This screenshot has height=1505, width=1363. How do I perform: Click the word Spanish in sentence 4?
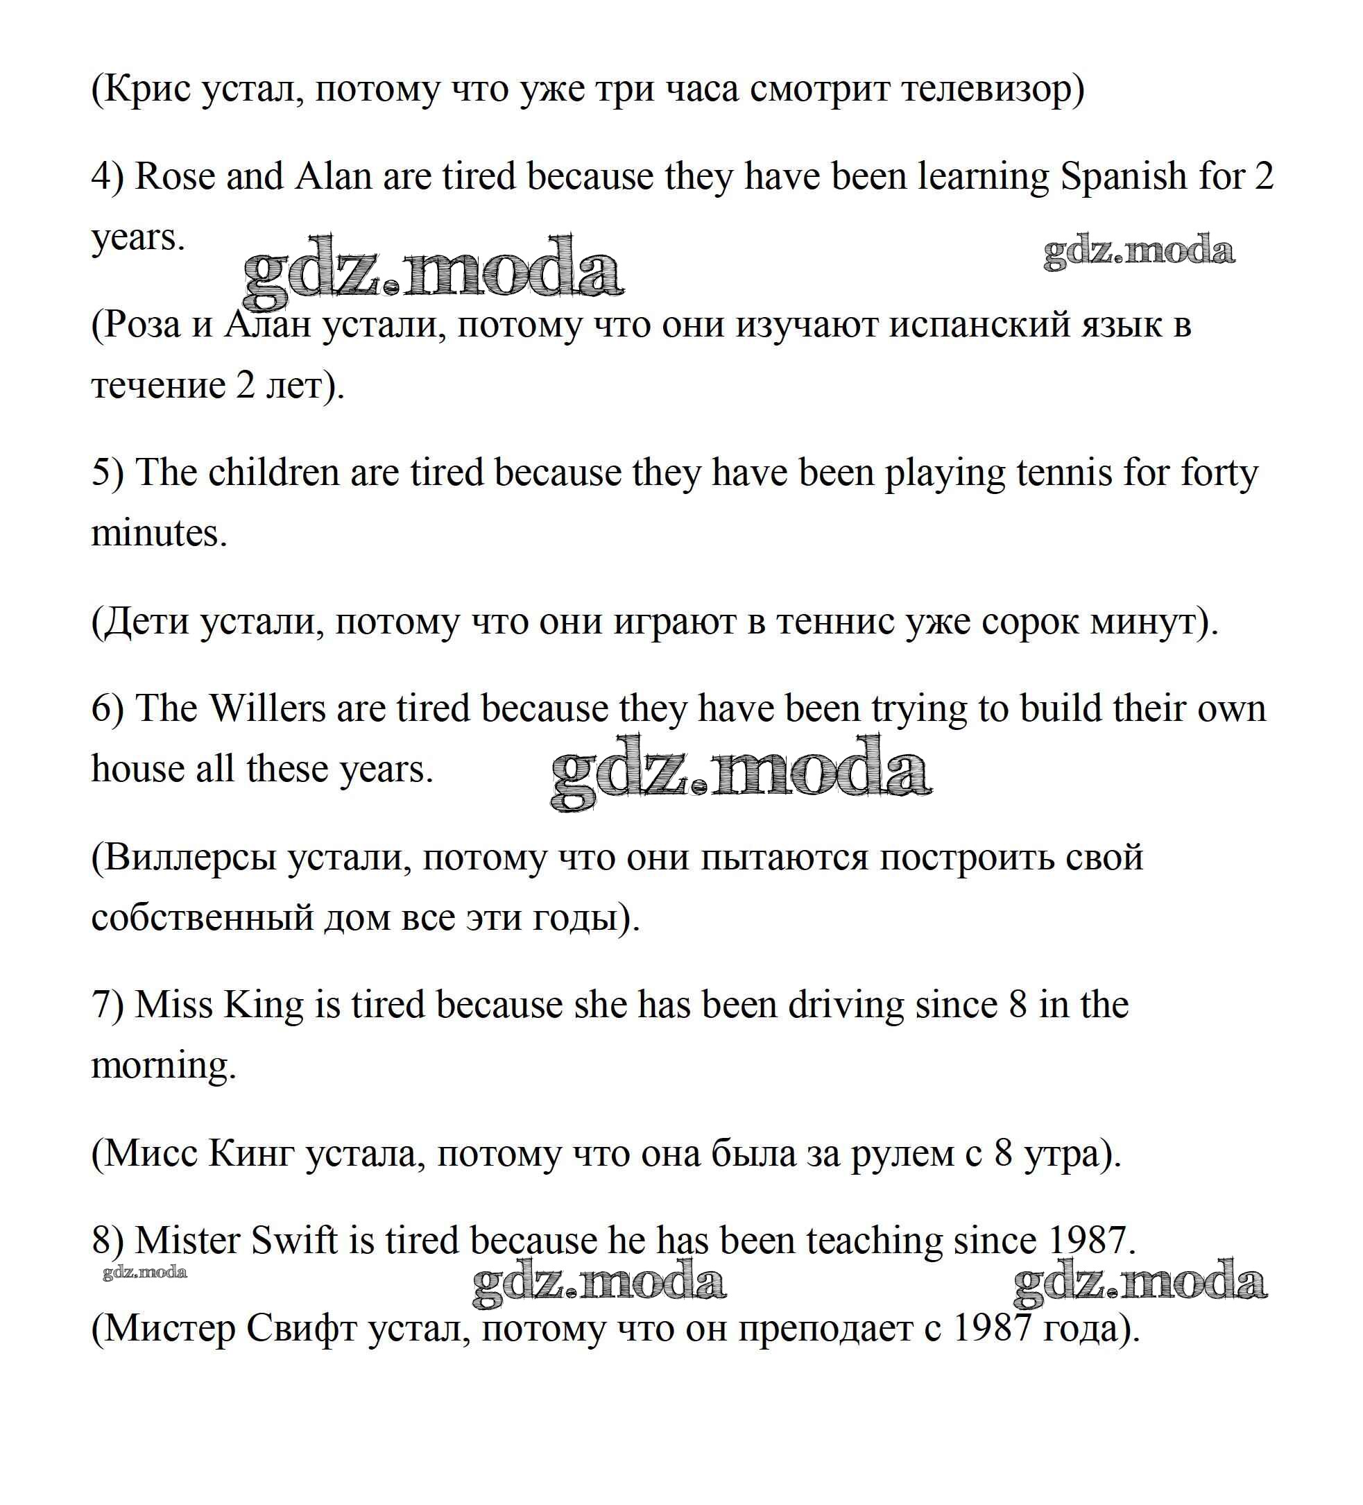pyautogui.click(x=1124, y=178)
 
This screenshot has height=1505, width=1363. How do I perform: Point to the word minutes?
pyautogui.click(x=158, y=534)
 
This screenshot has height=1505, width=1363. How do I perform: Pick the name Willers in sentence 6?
pyautogui.click(x=268, y=708)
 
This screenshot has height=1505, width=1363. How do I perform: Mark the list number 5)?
pyautogui.click(x=108, y=473)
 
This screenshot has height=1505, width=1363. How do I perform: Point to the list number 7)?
pyautogui.click(x=108, y=1005)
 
